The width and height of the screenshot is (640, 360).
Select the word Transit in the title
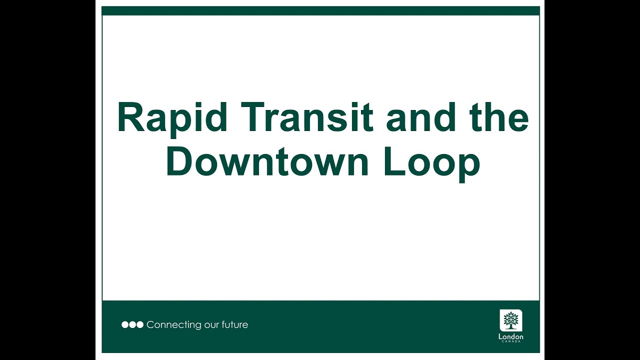(309, 118)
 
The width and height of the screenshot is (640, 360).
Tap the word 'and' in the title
(421, 118)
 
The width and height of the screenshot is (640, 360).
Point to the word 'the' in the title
(499, 118)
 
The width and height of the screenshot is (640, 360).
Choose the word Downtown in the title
(267, 162)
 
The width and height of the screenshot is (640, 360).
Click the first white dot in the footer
(125, 325)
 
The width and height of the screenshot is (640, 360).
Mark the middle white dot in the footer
(132, 325)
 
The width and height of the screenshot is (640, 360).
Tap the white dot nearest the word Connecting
(140, 325)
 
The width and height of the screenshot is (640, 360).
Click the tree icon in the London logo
(510, 320)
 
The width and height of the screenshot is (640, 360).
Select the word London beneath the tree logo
(510, 337)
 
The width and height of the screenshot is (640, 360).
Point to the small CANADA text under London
(510, 341)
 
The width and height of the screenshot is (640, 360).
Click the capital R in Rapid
(129, 118)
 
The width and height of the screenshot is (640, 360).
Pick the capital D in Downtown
(179, 162)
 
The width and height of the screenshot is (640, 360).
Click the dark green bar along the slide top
(320, 11)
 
